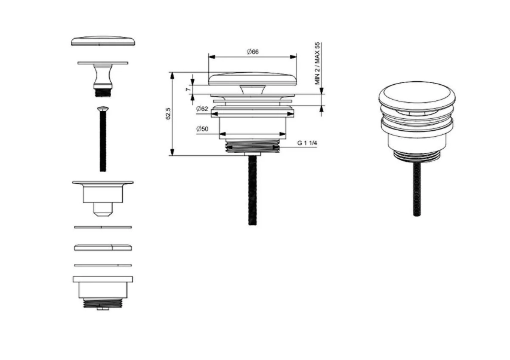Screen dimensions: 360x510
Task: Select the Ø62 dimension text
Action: [x=202, y=109]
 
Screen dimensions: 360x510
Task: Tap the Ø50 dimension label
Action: [x=202, y=130]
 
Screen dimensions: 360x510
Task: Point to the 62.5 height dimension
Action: [x=168, y=113]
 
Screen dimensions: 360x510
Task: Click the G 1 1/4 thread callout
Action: [x=307, y=143]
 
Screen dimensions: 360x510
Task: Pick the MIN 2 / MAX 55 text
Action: [x=318, y=63]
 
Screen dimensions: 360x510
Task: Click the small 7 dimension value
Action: [x=187, y=89]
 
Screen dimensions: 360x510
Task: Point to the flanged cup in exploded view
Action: [x=103, y=195]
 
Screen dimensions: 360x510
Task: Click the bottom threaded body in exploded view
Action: [x=103, y=291]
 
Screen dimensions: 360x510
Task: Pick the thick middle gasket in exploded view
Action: [x=103, y=247]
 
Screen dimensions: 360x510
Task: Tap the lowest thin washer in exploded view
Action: [x=103, y=264]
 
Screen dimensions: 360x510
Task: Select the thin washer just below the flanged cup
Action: [x=103, y=227]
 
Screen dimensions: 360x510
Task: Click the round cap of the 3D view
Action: [x=416, y=95]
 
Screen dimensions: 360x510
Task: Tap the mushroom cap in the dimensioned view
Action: [x=252, y=78]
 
